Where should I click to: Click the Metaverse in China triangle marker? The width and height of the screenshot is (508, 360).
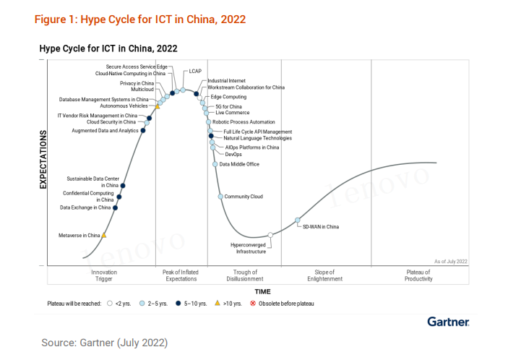[x=104, y=235]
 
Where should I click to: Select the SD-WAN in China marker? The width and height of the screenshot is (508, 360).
[x=298, y=220]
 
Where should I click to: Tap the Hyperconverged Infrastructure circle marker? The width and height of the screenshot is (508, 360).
[x=270, y=235]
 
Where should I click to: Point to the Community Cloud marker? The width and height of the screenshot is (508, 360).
[x=220, y=197]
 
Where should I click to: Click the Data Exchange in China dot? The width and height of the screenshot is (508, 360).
[x=116, y=207]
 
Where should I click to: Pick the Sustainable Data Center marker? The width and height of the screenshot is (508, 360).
[x=124, y=186]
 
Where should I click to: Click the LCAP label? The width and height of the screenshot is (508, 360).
[x=195, y=72]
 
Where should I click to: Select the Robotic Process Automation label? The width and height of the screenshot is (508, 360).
[x=244, y=122]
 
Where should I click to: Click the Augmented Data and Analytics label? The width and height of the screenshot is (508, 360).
[x=106, y=131]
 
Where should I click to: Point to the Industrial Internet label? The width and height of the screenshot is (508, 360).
[x=226, y=80]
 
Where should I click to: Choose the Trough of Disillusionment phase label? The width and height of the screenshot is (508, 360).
[x=246, y=275]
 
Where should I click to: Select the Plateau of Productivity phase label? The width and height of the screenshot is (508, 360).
[x=418, y=275]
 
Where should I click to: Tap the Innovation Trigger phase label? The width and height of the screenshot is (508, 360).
[x=104, y=275]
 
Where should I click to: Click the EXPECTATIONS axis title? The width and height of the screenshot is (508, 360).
[x=43, y=160]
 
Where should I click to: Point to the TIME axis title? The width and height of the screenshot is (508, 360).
[x=262, y=291]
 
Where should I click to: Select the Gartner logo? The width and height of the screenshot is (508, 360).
[x=448, y=321]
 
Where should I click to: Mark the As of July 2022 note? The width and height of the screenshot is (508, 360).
[x=451, y=260]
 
